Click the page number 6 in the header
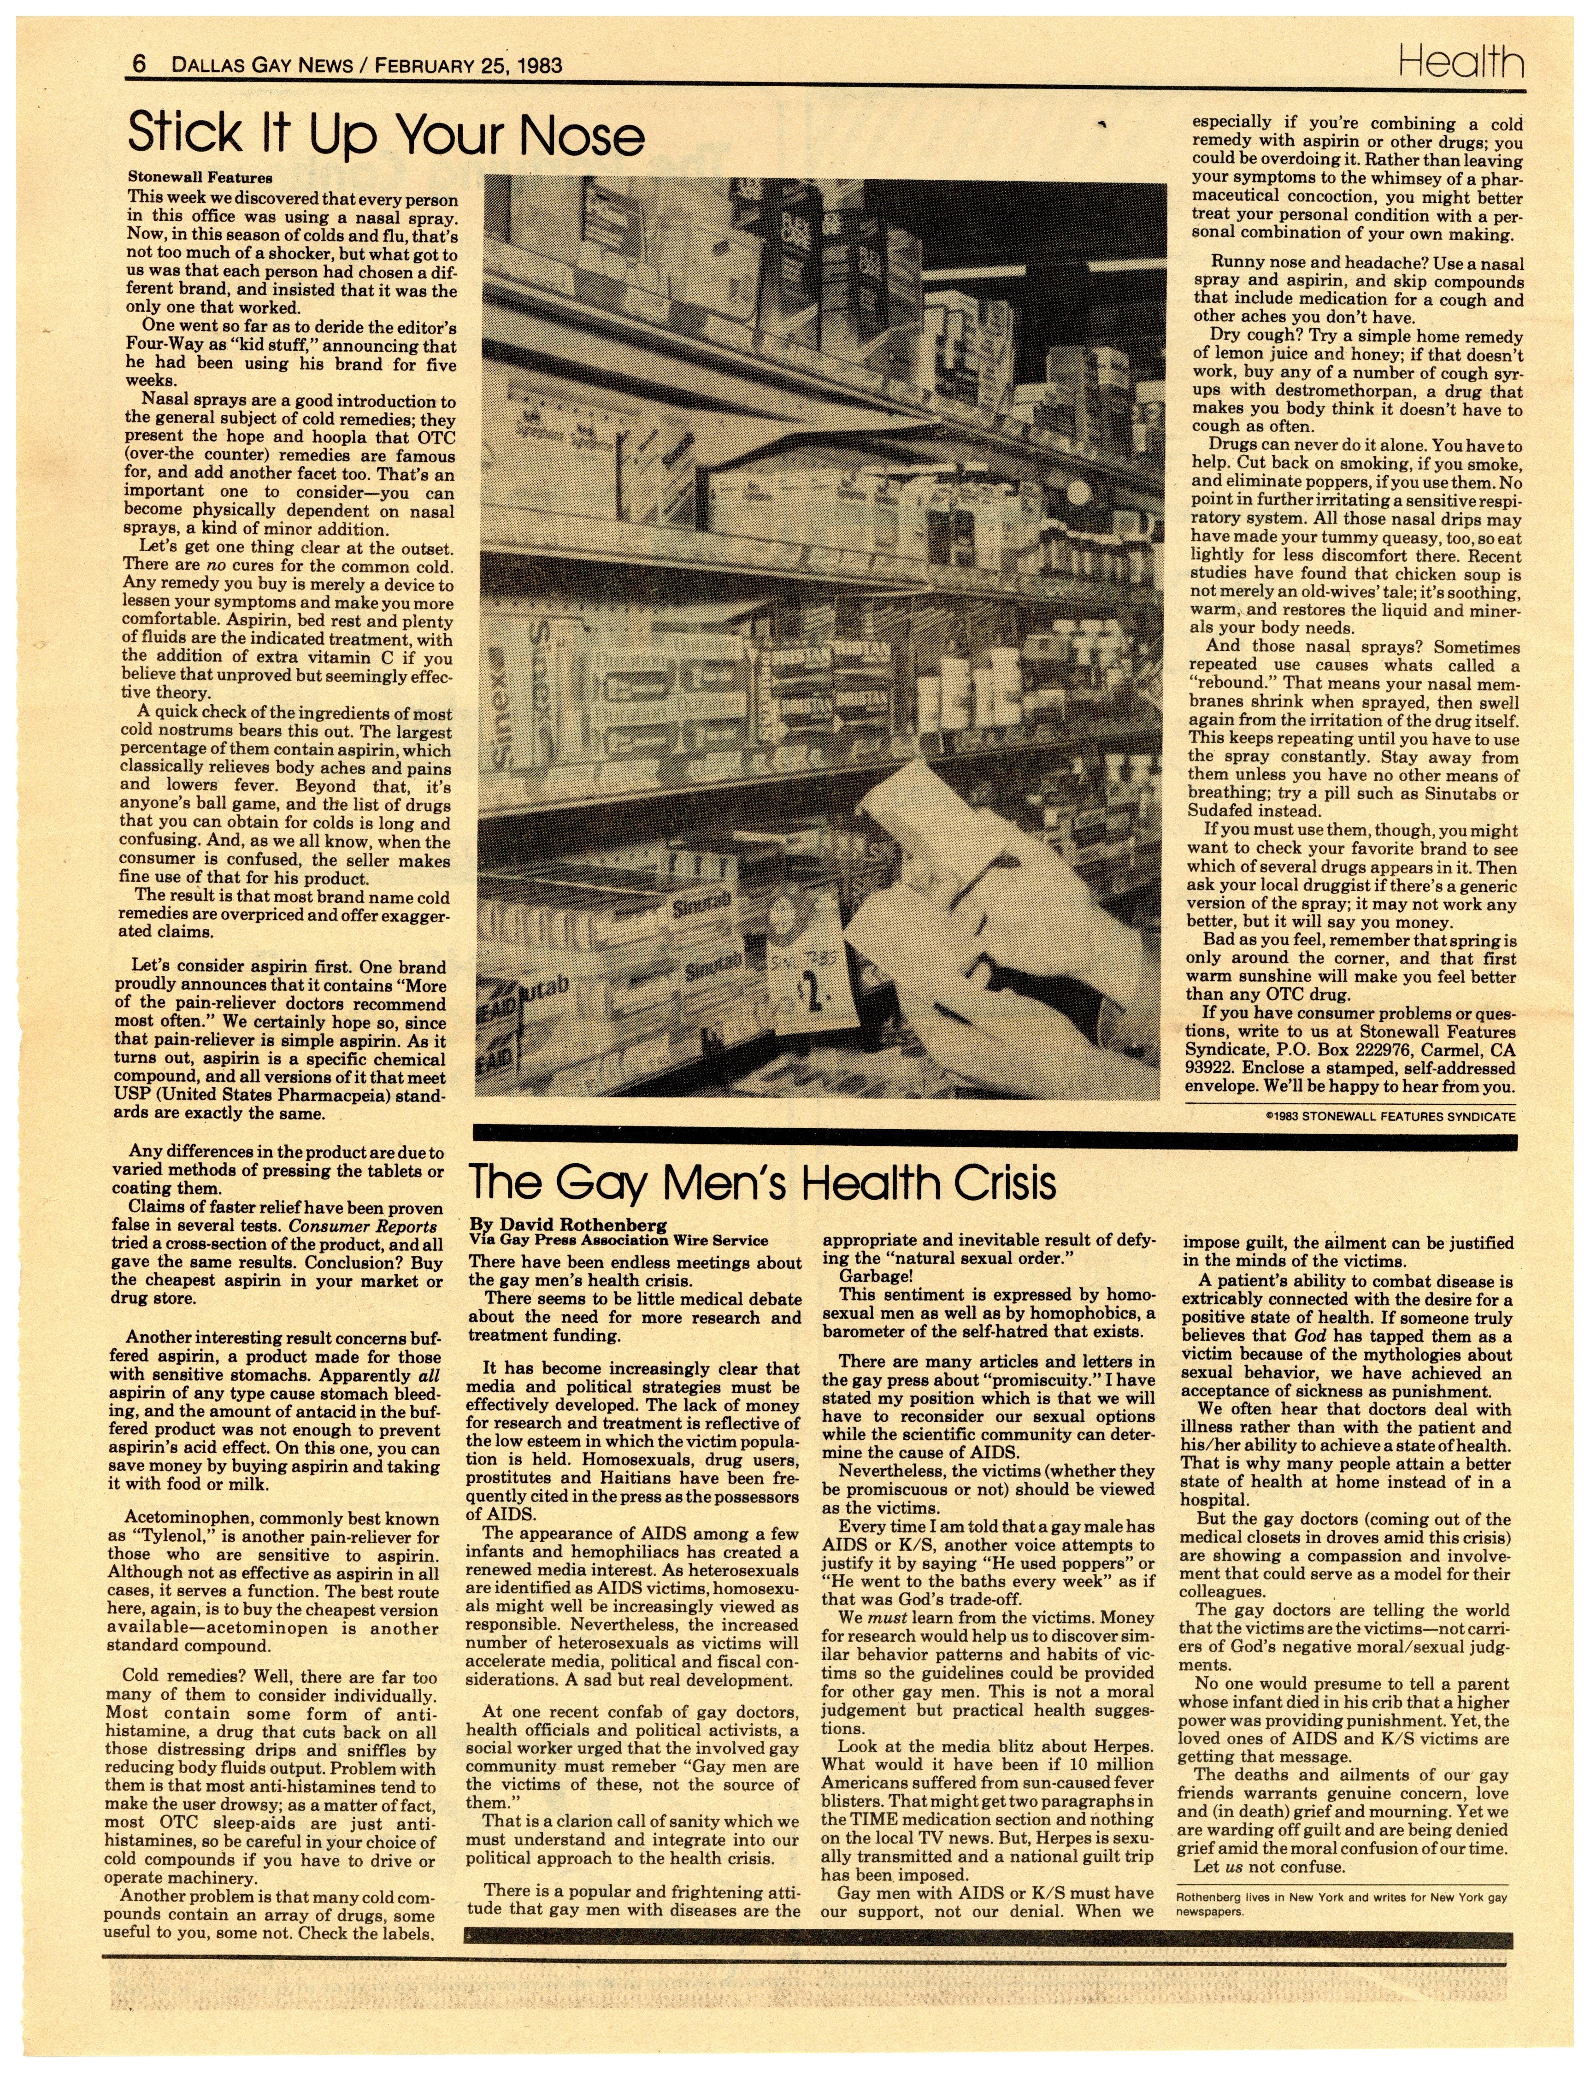coord(138,65)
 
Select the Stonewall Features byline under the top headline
coord(200,177)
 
